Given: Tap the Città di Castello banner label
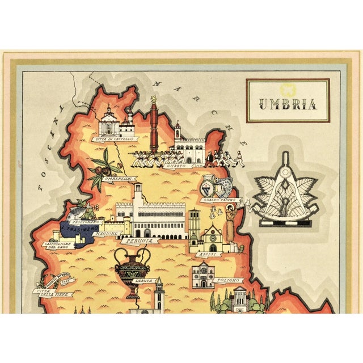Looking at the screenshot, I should pos(117,138).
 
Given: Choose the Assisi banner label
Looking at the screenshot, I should pos(204,255).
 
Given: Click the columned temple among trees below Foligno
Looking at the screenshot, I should pos(238,299).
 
